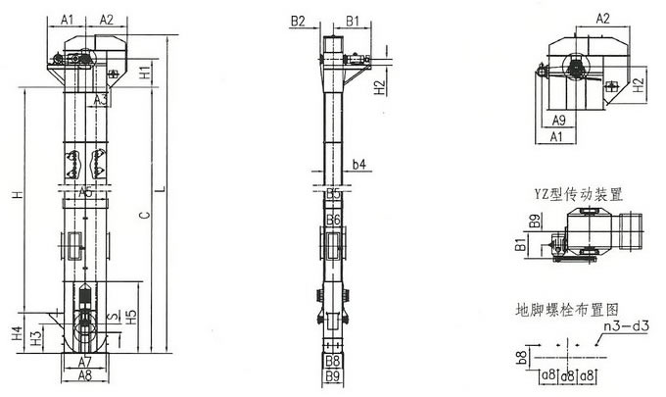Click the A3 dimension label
(x=101, y=100)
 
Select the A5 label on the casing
(x=85, y=192)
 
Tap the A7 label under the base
(x=85, y=362)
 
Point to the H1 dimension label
(x=145, y=73)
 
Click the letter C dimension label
(x=145, y=215)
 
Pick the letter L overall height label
(x=161, y=189)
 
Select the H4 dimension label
(x=17, y=333)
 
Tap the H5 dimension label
(x=131, y=317)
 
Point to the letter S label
(x=113, y=317)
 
